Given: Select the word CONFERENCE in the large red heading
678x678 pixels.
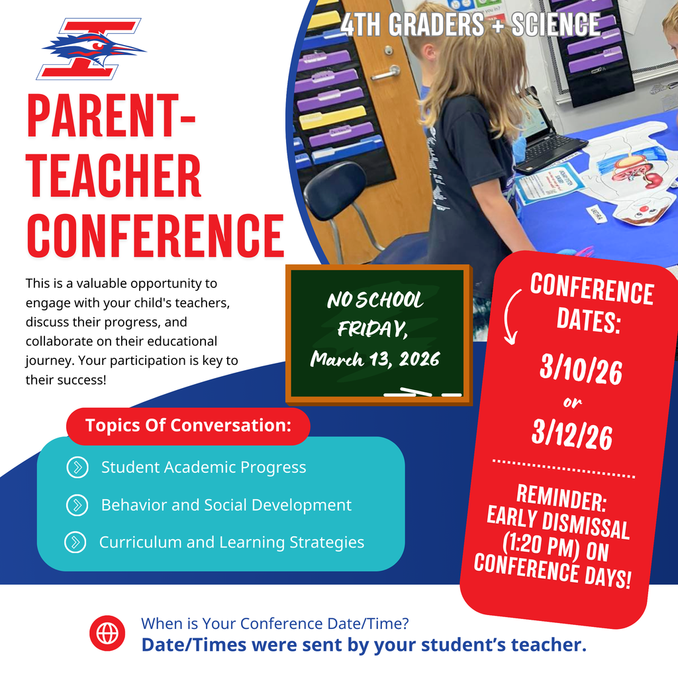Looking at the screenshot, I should [x=155, y=232].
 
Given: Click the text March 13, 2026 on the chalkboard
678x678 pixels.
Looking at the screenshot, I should [x=375, y=360].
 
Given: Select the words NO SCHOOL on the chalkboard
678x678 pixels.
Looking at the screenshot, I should [x=375, y=301].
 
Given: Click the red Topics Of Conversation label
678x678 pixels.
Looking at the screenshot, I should [x=188, y=426].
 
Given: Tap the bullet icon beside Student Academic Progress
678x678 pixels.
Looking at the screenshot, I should [x=77, y=467].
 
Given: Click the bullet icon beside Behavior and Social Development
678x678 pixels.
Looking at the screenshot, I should [x=77, y=505].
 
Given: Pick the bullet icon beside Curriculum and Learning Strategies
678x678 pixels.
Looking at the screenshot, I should [x=75, y=542].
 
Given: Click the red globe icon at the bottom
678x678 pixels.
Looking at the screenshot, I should [x=107, y=633].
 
